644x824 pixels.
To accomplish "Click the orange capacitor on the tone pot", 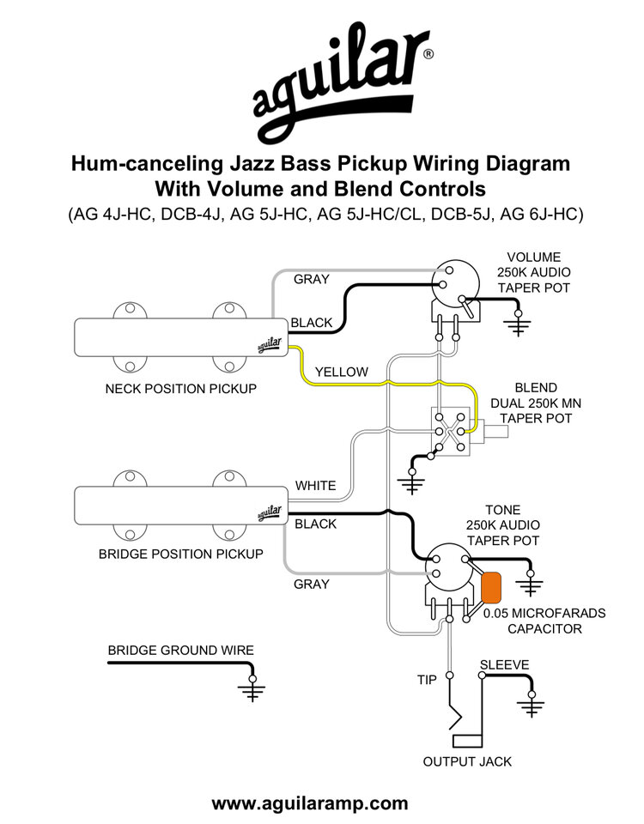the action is point(491,587).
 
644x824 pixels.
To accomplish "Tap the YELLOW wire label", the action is point(341,372).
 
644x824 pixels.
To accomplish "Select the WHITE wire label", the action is point(315,486).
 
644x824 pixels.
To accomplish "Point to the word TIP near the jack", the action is point(427,680).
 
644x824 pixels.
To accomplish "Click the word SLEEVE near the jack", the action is point(504,664).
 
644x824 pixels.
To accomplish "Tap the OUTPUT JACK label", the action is point(467,761).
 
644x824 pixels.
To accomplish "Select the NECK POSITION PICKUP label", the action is point(181,389).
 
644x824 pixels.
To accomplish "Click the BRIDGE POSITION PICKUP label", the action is point(181,554).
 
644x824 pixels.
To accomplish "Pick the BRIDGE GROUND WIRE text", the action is point(181,651).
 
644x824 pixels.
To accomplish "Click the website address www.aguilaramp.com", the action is point(310,803).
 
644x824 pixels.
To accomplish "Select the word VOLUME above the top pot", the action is point(533,257).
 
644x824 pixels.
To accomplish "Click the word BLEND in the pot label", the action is point(536,388).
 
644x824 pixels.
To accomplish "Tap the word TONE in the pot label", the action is point(502,510).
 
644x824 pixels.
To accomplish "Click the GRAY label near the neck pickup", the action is point(311,279).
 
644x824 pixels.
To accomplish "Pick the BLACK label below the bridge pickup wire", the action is point(315,524).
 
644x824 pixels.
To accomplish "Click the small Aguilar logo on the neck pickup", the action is point(270,345).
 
